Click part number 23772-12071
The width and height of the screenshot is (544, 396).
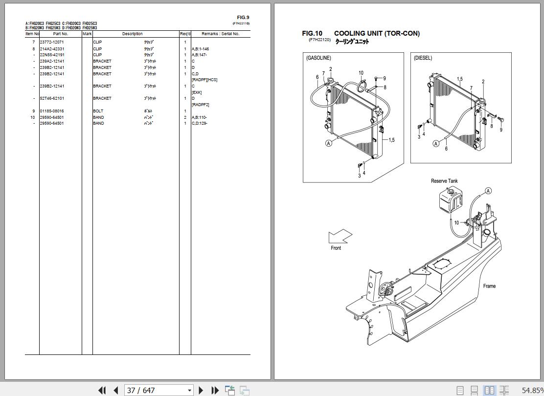[x=51, y=43]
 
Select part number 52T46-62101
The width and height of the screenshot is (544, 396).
[x=51, y=98]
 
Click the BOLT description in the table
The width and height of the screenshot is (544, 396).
[x=98, y=111]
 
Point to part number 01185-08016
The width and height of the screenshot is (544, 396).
[x=51, y=111]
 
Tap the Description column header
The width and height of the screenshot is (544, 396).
[x=132, y=34]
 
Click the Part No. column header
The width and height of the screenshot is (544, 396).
[x=61, y=34]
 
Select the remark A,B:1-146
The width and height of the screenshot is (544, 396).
[x=200, y=49]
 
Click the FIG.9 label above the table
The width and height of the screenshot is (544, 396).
[x=243, y=18]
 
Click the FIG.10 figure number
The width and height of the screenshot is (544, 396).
[x=312, y=33]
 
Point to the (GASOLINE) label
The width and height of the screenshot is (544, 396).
[x=318, y=58]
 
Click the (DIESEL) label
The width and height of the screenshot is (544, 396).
[x=423, y=58]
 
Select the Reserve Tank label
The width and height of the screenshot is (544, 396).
[x=444, y=181]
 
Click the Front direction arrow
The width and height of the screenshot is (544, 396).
[x=340, y=237]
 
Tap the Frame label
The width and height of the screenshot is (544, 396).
[x=489, y=286]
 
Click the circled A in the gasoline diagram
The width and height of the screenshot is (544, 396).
[x=329, y=143]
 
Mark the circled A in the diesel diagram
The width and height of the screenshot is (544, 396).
[x=436, y=144]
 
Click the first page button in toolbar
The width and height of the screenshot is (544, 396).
[x=102, y=390]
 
